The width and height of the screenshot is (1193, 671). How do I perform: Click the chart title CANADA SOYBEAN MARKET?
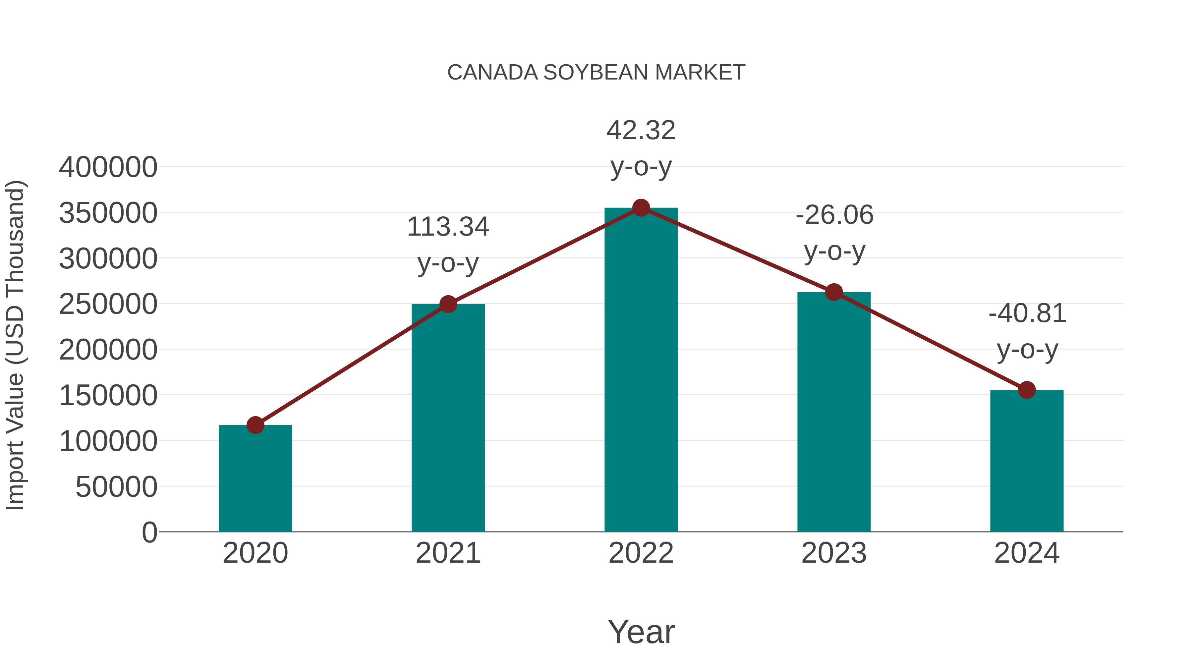click(596, 73)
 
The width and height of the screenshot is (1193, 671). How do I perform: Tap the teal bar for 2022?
click(641, 370)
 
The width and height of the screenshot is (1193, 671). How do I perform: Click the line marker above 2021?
click(448, 304)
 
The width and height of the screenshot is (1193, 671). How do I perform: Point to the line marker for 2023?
click(834, 292)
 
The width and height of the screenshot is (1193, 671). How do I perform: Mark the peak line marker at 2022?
click(641, 208)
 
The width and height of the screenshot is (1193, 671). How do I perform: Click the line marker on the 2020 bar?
click(255, 425)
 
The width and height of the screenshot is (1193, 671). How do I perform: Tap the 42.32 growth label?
click(641, 148)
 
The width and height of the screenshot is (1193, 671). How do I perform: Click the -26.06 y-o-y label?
click(834, 233)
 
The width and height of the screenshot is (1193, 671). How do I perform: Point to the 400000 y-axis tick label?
click(108, 167)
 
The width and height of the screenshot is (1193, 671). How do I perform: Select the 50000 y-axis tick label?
click(116, 487)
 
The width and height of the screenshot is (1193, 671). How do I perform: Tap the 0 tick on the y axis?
click(149, 532)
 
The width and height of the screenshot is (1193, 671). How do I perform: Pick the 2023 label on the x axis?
click(834, 553)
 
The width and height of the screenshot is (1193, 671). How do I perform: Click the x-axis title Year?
click(641, 632)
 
